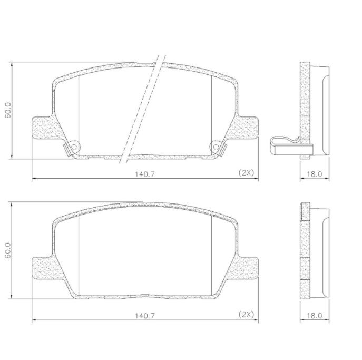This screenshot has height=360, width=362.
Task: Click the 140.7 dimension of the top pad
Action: (x=145, y=174)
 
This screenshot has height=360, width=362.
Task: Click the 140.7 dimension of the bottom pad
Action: (x=145, y=315)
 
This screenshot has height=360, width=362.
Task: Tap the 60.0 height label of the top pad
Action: (x=8, y=110)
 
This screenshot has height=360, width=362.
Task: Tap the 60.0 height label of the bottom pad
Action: (x=8, y=250)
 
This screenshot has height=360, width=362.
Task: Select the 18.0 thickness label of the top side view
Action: (x=315, y=174)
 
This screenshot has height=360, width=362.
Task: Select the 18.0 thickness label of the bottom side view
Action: (x=315, y=315)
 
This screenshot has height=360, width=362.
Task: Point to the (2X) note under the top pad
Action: (x=246, y=173)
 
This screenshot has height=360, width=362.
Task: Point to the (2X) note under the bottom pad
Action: (x=246, y=314)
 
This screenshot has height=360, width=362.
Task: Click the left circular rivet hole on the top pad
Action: (x=74, y=147)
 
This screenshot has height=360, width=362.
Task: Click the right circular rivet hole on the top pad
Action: (x=216, y=147)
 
